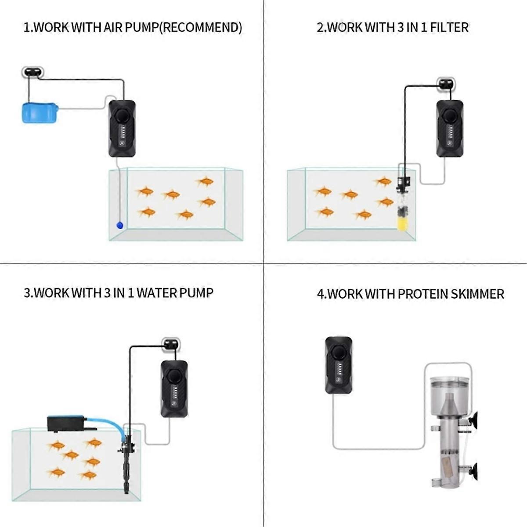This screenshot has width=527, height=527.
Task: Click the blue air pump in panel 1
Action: [40, 113]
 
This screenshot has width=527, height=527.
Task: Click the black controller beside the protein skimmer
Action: [339, 365]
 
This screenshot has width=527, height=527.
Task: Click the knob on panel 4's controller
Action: [339, 352]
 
